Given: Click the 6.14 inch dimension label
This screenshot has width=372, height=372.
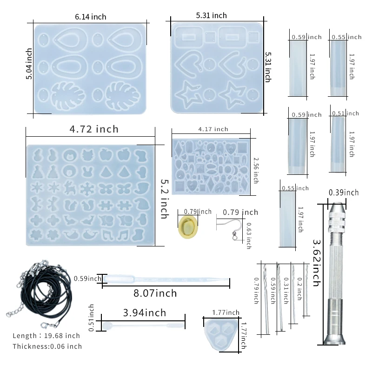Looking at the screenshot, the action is click(x=90, y=17).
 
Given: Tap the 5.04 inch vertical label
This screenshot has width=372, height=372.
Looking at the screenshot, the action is click(x=29, y=64).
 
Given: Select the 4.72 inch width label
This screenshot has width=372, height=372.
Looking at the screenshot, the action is click(x=94, y=129).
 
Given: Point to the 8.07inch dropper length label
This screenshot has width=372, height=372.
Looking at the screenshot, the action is click(x=155, y=293).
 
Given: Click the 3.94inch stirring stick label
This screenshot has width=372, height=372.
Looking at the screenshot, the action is click(x=145, y=313).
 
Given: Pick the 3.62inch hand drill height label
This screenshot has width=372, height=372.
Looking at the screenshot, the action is click(x=317, y=263).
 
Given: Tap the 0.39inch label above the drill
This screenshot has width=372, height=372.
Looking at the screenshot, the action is click(x=344, y=193).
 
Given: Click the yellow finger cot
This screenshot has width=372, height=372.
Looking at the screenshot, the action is click(x=188, y=226).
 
